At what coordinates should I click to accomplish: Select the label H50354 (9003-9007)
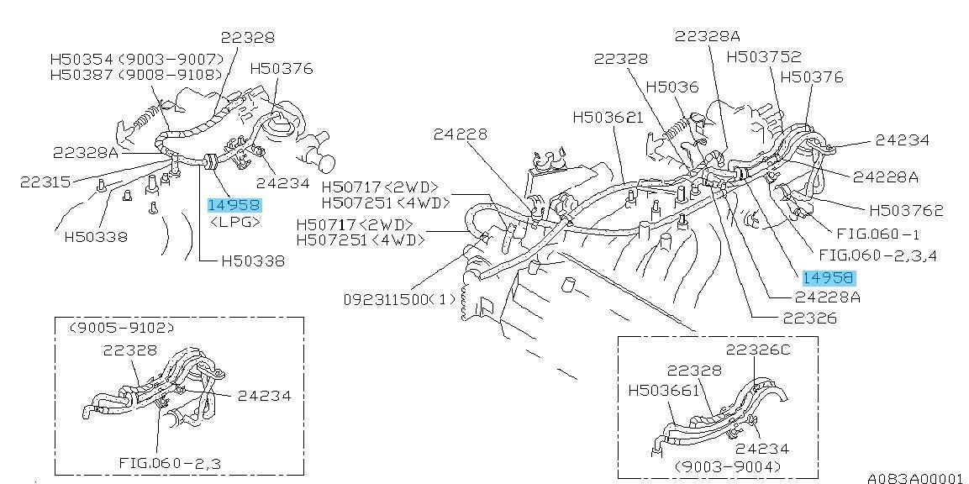point(138,59)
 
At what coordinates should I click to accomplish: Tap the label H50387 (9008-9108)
point(138,75)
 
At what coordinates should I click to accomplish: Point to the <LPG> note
point(235,223)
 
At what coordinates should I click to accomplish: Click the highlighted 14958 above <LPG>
point(235,204)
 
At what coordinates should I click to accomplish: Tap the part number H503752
point(764,57)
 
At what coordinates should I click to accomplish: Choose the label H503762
point(906,211)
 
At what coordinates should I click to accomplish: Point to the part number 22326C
point(758,350)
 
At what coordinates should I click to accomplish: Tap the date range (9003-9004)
point(727,466)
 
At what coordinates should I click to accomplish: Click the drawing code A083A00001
point(914,477)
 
